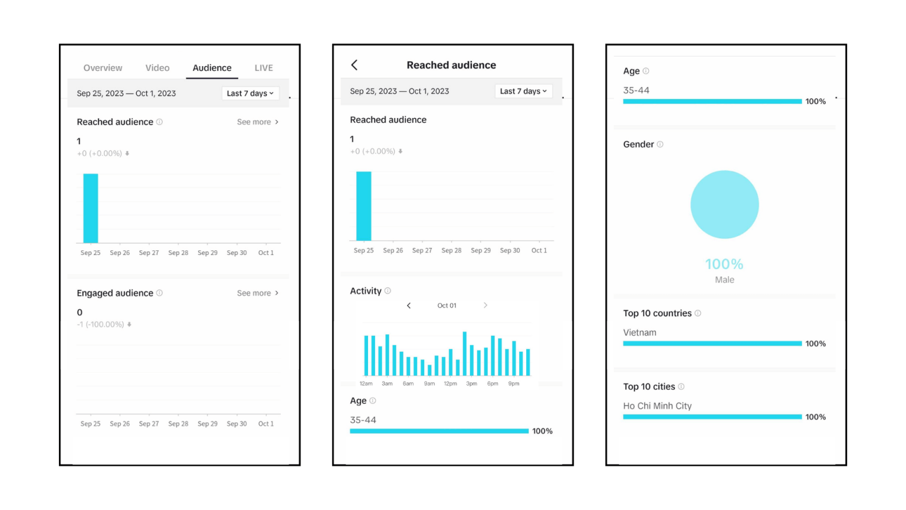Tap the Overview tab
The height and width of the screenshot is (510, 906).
coord(103,68)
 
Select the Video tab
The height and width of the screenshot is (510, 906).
coord(157,68)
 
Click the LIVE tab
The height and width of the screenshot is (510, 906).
coord(264,68)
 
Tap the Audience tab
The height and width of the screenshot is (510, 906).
coord(212,68)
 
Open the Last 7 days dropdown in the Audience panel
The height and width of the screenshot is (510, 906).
coord(250,93)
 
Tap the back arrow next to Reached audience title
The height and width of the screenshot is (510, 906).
coord(354,65)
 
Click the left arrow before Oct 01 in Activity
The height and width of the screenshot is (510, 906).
coord(409,305)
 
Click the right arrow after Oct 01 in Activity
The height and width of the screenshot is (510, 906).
coord(485,305)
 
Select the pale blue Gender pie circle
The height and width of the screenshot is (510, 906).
coord(724,205)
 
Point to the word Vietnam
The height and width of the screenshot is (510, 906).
coord(639,333)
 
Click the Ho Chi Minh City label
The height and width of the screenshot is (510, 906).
coord(657,406)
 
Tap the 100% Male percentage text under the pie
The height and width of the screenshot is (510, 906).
coord(724,264)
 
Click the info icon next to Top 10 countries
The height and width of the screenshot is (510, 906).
coord(698,313)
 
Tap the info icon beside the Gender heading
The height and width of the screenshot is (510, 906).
coord(660,145)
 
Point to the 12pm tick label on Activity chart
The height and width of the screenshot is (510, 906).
coord(450,384)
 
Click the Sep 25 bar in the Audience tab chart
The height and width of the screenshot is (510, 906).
coord(90,208)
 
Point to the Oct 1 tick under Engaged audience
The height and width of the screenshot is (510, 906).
coord(266,424)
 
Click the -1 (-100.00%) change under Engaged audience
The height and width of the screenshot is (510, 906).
coord(101,325)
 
